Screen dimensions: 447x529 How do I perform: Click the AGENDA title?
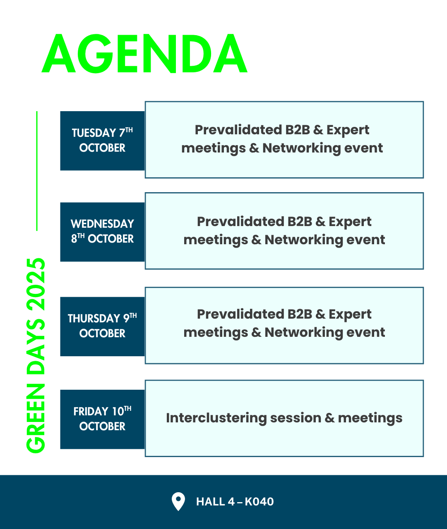coord(144,53)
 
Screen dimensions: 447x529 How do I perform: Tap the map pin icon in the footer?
coord(178,501)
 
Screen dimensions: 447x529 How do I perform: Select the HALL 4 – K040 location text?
coord(235,502)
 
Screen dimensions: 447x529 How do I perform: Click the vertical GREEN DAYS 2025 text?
coord(36,355)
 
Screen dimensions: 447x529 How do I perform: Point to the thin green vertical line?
coord(37,171)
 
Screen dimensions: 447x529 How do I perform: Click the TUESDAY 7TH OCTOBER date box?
coord(102,141)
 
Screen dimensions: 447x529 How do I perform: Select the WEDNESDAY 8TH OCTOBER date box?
coord(102,232)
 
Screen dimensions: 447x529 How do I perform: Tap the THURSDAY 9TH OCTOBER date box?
coord(102,326)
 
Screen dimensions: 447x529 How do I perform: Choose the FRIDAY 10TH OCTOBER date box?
coord(102,419)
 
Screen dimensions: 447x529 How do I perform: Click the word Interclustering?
coord(216,418)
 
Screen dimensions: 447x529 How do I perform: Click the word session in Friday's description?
coord(296,418)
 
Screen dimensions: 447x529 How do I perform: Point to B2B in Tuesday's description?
coord(298,130)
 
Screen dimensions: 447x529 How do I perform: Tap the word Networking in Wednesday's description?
coord(304,240)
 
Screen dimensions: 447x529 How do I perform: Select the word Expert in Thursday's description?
coord(350,315)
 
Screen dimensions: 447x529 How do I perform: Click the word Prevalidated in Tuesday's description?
coord(238,130)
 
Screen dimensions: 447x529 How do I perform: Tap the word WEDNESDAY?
coord(102,224)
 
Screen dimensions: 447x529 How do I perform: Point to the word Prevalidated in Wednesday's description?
coord(241,222)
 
